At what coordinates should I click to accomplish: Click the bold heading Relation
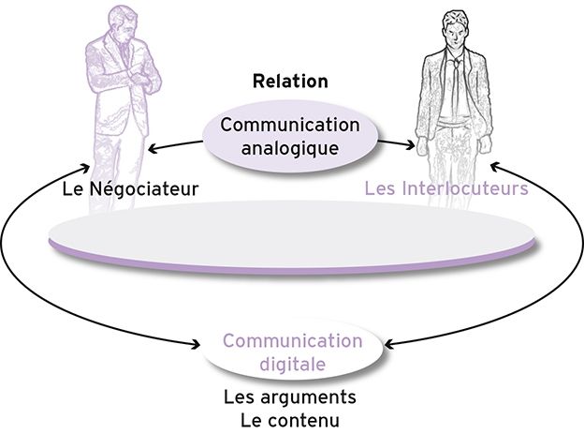pos(290,82)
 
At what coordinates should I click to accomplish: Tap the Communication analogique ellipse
pos(290,137)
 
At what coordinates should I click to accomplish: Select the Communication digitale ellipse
pos(290,351)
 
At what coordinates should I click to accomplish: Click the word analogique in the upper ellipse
pos(290,147)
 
